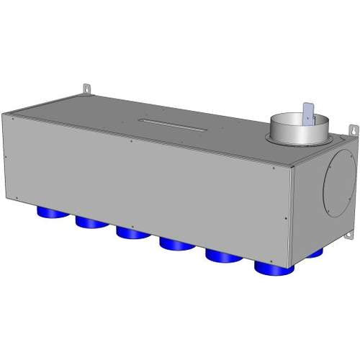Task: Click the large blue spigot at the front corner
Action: tap(274, 268)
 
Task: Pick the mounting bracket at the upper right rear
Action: tap(354, 129)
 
